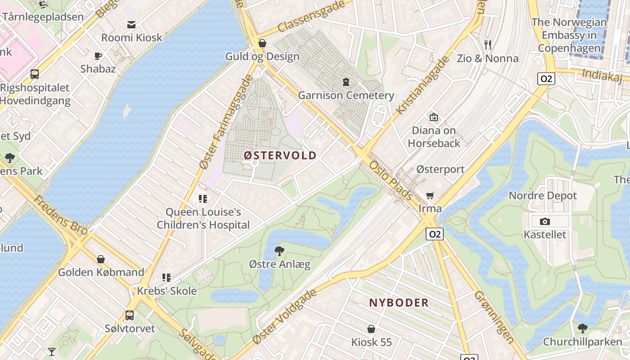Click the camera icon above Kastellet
(x=544, y=221)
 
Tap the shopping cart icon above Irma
(x=430, y=195)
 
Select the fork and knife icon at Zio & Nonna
(x=488, y=45)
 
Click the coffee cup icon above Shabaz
(x=98, y=56)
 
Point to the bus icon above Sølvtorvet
(x=130, y=315)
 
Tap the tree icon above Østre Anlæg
(x=279, y=251)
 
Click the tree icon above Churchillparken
(x=582, y=328)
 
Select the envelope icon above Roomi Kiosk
(x=131, y=25)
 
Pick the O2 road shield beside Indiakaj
(x=546, y=79)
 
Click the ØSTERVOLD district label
(x=280, y=155)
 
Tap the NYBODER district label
(x=399, y=302)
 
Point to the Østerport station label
(x=440, y=169)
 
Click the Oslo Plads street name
(x=391, y=180)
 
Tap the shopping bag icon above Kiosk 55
(x=371, y=329)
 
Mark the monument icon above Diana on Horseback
(x=433, y=117)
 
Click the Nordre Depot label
(x=542, y=195)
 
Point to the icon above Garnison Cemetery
(x=346, y=82)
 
